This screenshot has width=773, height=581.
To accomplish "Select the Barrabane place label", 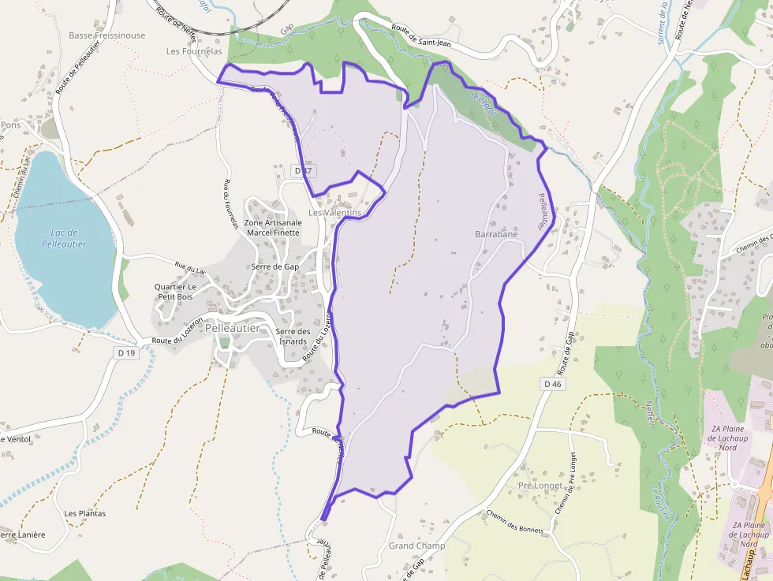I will (x=496, y=234).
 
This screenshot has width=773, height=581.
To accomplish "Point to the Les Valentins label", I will (x=334, y=213).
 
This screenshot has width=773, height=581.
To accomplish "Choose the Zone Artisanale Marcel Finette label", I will (x=273, y=228).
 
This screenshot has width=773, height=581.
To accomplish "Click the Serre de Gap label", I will (x=274, y=266).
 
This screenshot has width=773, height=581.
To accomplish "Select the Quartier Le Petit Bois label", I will (x=175, y=292).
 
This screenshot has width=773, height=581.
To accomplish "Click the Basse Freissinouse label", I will (x=106, y=35).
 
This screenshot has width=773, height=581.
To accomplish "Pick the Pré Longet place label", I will (x=540, y=486).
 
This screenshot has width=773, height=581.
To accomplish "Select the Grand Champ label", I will (x=416, y=546).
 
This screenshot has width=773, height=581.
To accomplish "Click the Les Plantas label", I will (x=85, y=513).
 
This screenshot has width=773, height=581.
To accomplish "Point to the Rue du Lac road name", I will (x=189, y=268).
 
